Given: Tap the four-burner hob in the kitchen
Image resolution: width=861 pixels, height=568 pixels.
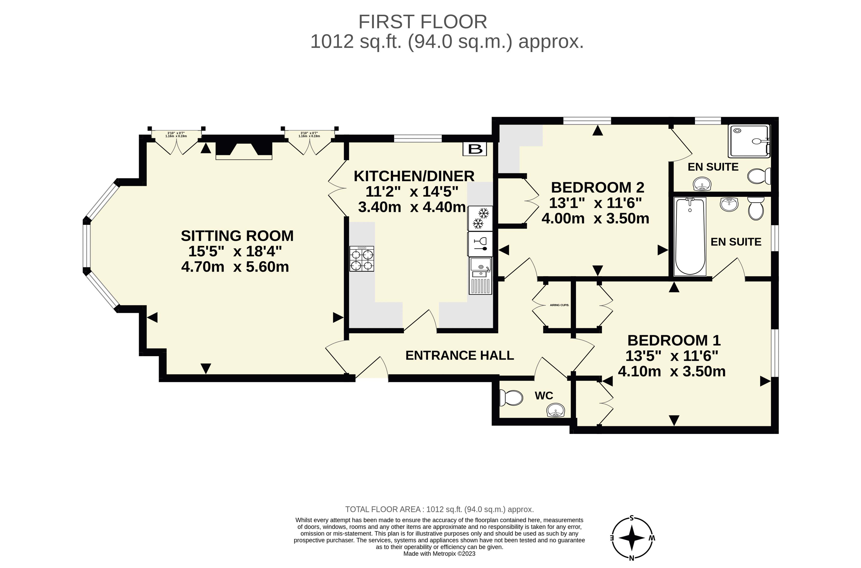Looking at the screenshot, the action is coord(361,259).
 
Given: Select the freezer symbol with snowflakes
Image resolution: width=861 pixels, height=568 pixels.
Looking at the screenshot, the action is coord(480,218).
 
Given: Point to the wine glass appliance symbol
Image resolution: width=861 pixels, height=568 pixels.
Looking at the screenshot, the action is coord(480,244).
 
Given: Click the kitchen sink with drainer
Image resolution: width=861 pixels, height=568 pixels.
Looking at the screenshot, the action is coord(480,276).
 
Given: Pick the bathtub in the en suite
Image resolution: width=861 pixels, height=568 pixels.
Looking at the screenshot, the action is coord(690,236).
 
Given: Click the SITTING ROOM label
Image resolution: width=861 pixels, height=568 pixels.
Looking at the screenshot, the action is coord(237,236).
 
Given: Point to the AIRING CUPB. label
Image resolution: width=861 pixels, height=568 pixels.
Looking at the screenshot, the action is coord(559,305).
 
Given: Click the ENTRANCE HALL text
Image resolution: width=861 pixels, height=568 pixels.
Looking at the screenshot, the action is coord(459,355).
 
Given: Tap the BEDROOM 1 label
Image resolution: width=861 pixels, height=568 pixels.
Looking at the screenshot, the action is coord(674,340).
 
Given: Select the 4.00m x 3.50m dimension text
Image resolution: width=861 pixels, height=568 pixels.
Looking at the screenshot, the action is coord(595,218).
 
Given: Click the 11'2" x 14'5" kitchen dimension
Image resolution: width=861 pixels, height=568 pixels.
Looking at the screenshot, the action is coord(412,191).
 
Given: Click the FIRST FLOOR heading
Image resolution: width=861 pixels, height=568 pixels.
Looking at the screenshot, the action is coord(423,22).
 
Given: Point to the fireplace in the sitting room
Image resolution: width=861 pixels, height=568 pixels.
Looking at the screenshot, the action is coord(244,151).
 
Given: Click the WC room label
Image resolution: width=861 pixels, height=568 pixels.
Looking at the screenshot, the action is coord(544,396).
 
